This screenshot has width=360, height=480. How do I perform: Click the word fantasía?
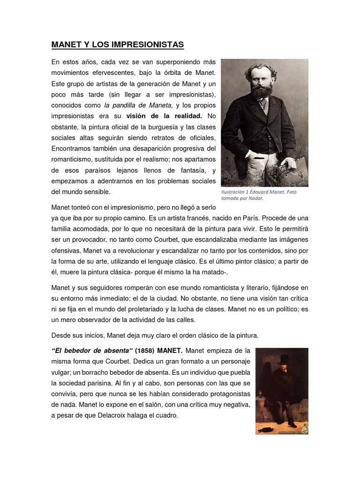(x=188, y=170)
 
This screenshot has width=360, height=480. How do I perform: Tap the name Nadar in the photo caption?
(x=255, y=198)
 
